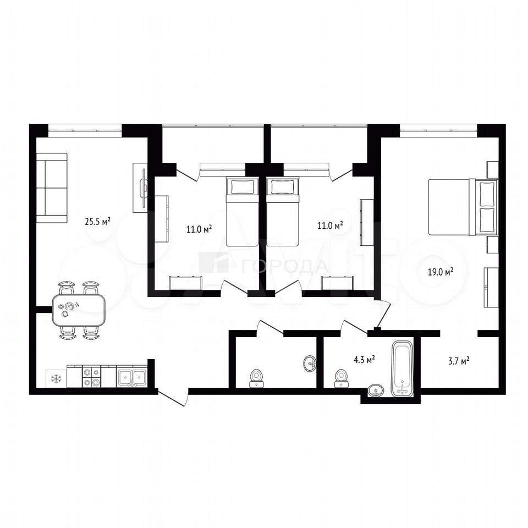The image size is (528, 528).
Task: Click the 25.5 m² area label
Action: coord(98,222)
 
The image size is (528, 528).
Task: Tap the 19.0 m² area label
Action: coord(440,272)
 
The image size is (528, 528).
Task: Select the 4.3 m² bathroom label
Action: coord(364,360)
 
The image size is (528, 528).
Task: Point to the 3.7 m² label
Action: coord(458,361)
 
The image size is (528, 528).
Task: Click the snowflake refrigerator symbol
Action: coord(56,378)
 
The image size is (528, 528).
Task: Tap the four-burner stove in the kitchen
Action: coord(92,376)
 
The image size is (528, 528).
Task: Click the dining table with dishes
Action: coord(79,310)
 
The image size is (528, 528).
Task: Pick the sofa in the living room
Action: coord(52,188)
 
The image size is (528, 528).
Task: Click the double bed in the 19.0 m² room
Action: coord(463,207)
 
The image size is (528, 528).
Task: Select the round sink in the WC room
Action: coord(310,364)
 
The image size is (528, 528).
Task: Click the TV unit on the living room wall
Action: coord(140,188)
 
